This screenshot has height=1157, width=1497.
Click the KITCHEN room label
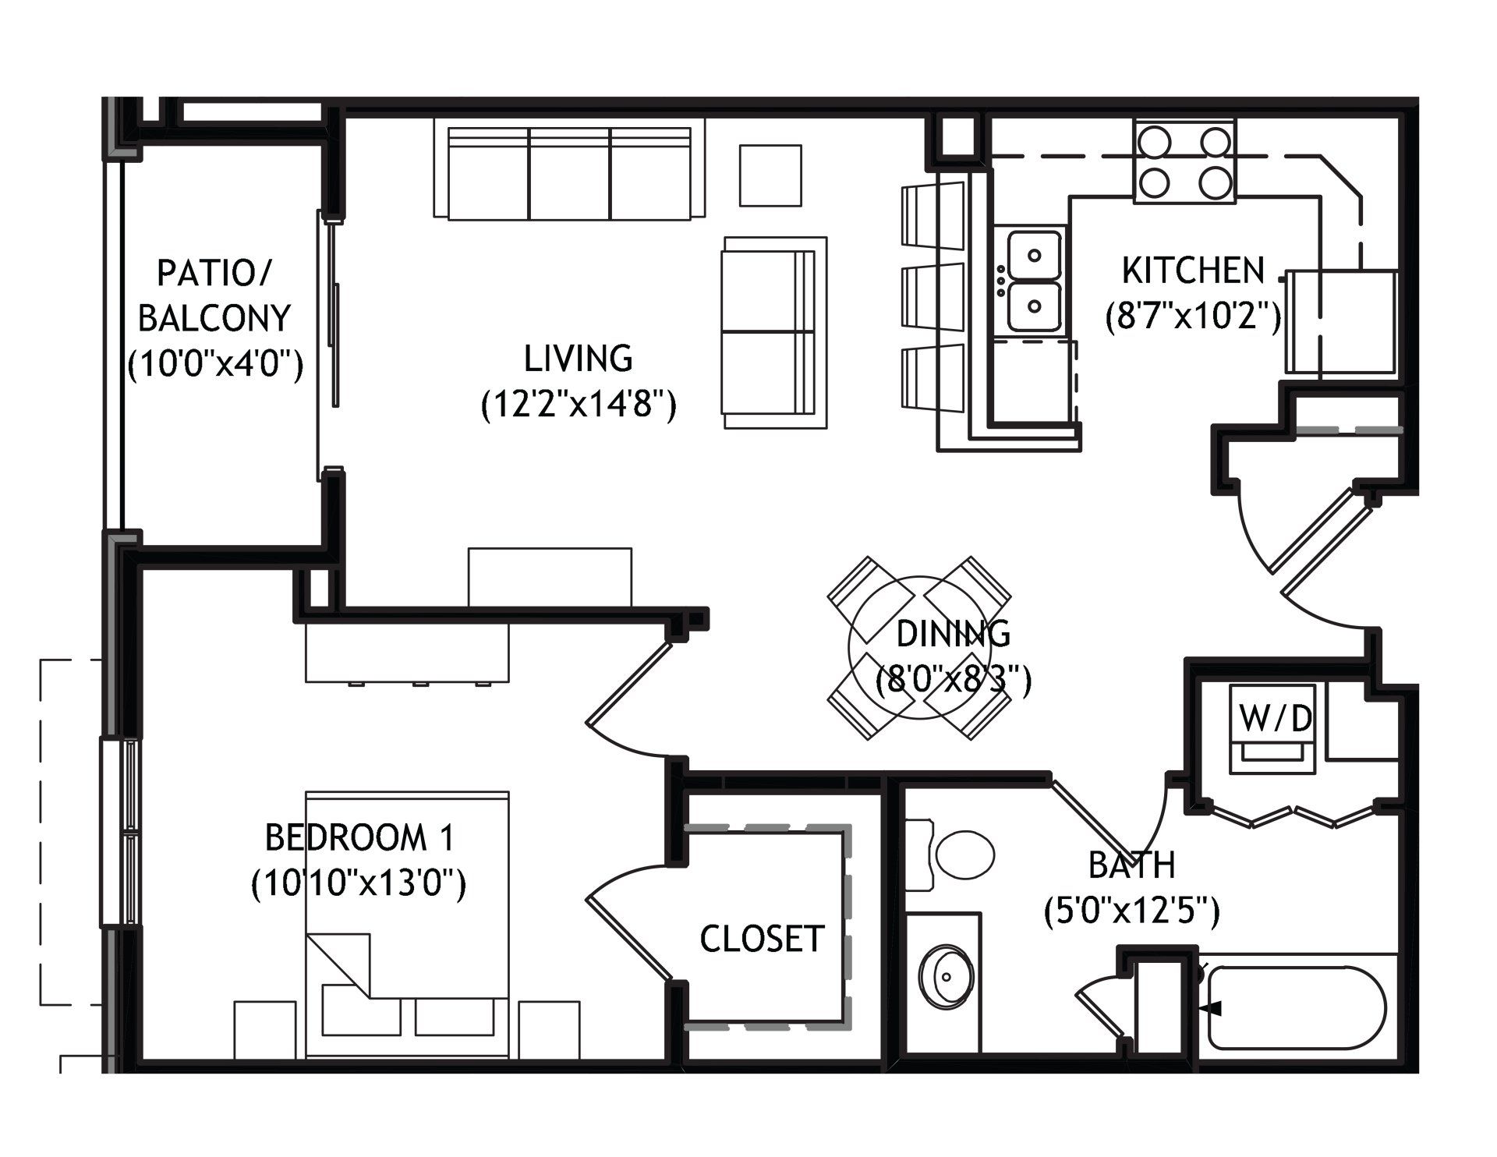1193,271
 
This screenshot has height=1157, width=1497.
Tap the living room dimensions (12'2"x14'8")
578,405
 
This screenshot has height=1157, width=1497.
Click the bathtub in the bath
1296,1007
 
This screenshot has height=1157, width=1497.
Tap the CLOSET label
762,939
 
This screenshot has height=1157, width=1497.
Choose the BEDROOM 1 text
359,838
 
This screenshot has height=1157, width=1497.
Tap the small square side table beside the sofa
770,175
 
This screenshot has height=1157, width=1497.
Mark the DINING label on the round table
954,634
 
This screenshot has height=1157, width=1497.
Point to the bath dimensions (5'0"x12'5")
1131,911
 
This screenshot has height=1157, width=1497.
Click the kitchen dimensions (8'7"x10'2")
1194,317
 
